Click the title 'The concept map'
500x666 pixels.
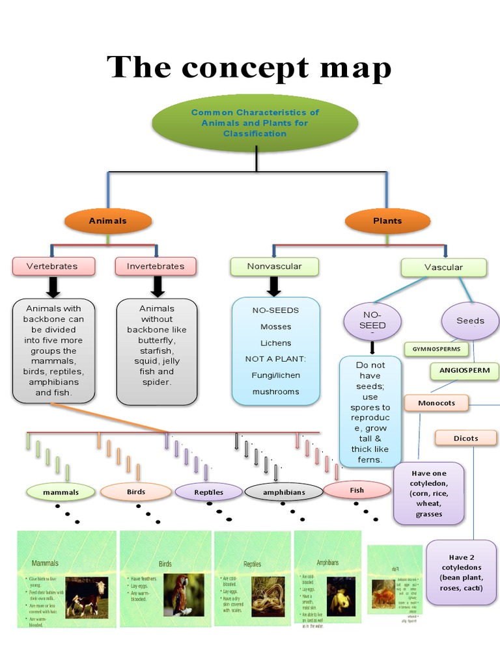click(249, 67)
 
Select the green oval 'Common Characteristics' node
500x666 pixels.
click(255, 123)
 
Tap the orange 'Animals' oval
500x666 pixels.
click(108, 221)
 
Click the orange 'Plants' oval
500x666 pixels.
click(387, 221)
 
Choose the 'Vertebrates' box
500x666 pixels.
click(53, 266)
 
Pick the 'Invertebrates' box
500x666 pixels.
click(156, 266)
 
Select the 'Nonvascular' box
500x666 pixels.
click(274, 266)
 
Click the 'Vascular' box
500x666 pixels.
click(443, 267)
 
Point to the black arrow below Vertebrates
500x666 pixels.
click(53, 286)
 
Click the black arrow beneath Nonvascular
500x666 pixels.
click(274, 286)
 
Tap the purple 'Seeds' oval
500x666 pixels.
click(470, 321)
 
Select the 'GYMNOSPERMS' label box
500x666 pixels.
click(436, 349)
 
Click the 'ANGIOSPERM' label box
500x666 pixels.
click(464, 371)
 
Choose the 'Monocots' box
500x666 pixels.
click(436, 403)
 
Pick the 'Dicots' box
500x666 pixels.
click(465, 438)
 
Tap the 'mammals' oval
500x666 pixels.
click(61, 492)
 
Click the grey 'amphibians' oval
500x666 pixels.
click(284, 492)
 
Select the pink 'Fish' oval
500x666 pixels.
click(357, 490)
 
